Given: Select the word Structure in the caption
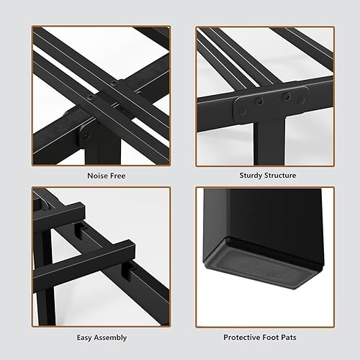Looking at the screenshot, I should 280,175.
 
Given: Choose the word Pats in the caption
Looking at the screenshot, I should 295,336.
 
